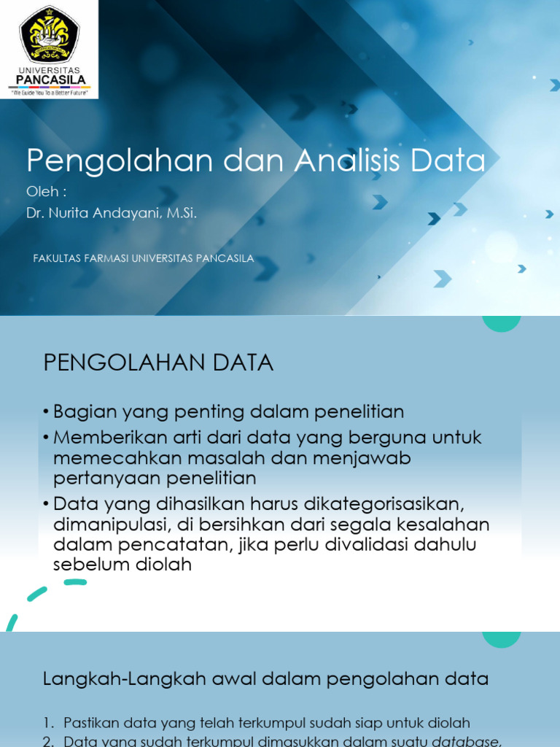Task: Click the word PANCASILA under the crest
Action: (50, 80)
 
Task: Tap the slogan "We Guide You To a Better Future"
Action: (49, 93)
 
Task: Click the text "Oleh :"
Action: (47, 192)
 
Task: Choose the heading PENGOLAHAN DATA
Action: (158, 363)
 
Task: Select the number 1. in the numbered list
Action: (49, 723)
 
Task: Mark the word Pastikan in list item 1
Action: (87, 723)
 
